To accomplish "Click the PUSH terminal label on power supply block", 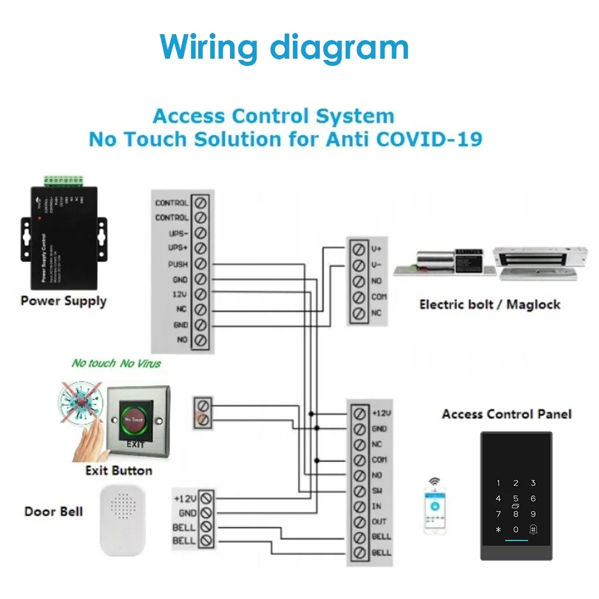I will pyautogui.click(x=179, y=264).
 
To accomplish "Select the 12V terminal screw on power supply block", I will pyautogui.click(x=201, y=295).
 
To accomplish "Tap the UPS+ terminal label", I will pyautogui.click(x=178, y=248).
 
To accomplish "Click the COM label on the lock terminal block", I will pyautogui.click(x=379, y=297).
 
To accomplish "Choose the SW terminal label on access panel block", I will pyautogui.click(x=377, y=491).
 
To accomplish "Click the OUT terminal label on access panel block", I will pyautogui.click(x=379, y=522).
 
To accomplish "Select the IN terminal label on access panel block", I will pyautogui.click(x=377, y=507).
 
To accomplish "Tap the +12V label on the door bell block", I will pyautogui.click(x=184, y=498).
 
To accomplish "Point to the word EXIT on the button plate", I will pyautogui.click(x=135, y=444).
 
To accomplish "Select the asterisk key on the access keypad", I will pyautogui.click(x=498, y=530).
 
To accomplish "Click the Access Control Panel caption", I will pyautogui.click(x=507, y=414).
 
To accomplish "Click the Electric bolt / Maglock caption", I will pyautogui.click(x=489, y=304).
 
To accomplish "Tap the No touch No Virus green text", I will pyautogui.click(x=116, y=363).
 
